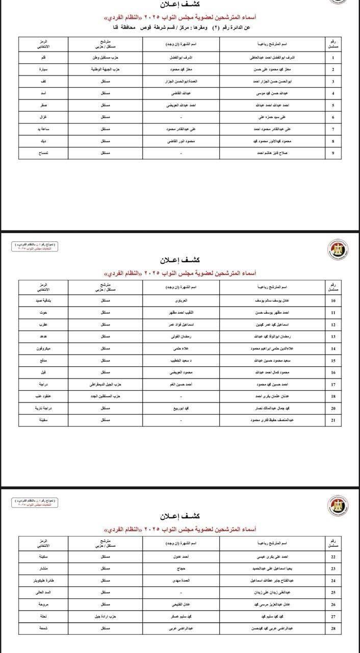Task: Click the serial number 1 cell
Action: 333,58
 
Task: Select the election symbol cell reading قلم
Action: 44,58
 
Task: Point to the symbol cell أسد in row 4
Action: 44,93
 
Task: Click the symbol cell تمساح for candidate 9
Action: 44,153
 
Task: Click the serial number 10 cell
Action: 333,301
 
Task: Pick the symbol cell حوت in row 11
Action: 44,313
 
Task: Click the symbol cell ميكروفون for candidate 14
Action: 44,348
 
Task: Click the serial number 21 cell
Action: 333,420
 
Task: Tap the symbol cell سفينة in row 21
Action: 44,420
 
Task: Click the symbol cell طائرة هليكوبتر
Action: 44,581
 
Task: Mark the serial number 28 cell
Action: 333,628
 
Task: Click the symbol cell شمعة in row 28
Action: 44,628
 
